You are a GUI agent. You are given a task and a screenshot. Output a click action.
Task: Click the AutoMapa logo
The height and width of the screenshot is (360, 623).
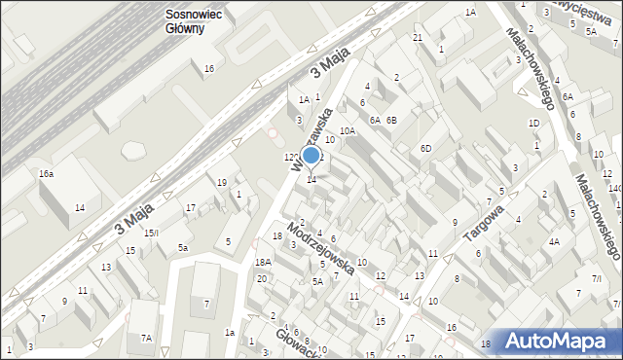(x=558, y=341)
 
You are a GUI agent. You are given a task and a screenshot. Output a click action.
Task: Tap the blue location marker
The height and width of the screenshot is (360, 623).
(x=311, y=155)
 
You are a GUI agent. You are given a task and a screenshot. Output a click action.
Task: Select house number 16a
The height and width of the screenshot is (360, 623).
(x=46, y=173)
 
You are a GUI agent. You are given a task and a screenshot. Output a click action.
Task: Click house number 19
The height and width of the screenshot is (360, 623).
(x=222, y=182)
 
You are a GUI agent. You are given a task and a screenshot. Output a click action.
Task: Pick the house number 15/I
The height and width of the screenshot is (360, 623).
(x=152, y=233)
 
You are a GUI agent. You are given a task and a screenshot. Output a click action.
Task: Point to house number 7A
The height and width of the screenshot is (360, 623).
(x=146, y=338)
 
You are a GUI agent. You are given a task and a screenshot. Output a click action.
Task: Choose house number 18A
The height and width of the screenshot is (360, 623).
(x=263, y=262)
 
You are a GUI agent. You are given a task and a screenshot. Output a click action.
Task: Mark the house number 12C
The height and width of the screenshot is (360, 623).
(x=291, y=157)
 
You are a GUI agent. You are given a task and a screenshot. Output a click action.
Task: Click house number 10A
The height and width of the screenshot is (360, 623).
(x=347, y=130)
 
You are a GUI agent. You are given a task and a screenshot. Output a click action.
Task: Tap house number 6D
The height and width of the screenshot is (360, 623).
(x=424, y=147)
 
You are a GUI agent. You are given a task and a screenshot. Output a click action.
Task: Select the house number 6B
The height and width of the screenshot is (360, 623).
(x=391, y=120)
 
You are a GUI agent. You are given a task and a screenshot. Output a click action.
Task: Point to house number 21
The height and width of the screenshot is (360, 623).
(x=417, y=37)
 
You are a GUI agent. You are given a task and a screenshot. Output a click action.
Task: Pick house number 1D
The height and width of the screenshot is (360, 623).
(x=533, y=123)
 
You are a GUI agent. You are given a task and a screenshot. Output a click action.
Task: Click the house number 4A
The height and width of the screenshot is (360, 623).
(x=554, y=241)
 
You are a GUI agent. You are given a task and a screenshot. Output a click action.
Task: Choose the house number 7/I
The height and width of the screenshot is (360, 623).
(x=597, y=279)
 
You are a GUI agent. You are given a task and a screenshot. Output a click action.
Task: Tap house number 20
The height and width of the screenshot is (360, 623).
(x=261, y=279)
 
